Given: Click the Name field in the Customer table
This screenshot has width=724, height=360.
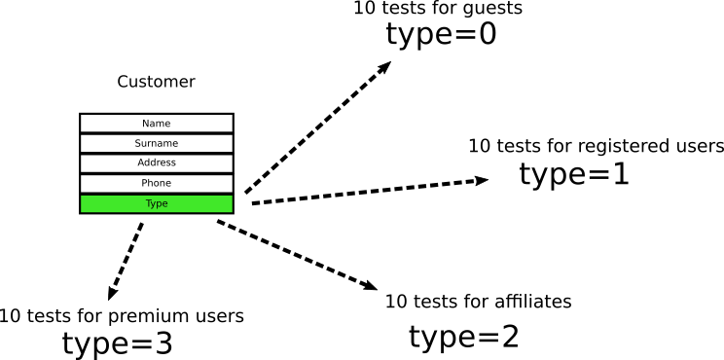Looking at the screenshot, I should [156, 124].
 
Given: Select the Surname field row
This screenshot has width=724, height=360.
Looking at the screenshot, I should [156, 143].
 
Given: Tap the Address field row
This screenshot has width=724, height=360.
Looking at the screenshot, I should [156, 163].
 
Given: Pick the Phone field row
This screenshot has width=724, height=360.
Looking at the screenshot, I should [156, 184].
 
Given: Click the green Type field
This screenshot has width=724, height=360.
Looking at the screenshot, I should [156, 203].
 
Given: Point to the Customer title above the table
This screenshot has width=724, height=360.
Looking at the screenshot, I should [156, 82].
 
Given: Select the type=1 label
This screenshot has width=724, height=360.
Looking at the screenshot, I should [574, 174].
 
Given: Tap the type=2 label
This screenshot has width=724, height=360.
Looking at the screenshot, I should [463, 337].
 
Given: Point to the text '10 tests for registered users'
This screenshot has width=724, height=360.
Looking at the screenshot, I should [596, 147].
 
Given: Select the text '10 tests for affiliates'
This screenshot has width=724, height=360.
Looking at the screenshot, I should [478, 302].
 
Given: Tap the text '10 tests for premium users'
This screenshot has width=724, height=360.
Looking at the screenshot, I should [122, 316].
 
